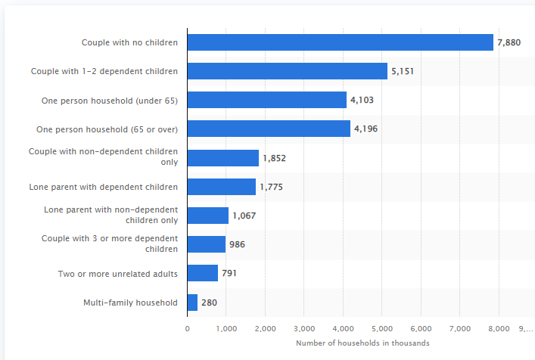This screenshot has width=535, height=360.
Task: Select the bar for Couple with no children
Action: pyautogui.click(x=340, y=42)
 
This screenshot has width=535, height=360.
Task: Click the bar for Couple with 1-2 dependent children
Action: pyautogui.click(x=287, y=71)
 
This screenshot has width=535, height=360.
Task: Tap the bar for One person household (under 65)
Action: pyautogui.click(x=266, y=100)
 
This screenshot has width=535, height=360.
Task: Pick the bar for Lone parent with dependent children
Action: pyautogui.click(x=221, y=187)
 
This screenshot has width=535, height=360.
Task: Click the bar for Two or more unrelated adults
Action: pyautogui.click(x=202, y=273)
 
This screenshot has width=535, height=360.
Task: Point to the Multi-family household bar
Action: pyautogui.click(x=192, y=303)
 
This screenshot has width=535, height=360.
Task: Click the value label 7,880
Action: pyautogui.click(x=509, y=42)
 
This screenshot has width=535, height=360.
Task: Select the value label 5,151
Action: pyautogui.click(x=402, y=71)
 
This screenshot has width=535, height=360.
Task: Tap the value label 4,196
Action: pyautogui.click(x=365, y=129)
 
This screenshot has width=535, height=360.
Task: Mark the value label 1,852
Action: pyautogui.click(x=274, y=158)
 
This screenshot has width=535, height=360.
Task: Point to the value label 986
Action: pyautogui.click(x=237, y=244)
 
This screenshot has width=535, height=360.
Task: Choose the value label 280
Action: pyautogui.click(x=209, y=303)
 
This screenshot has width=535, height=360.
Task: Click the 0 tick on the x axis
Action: pyautogui.click(x=188, y=328)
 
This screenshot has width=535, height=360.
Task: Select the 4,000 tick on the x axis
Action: pyautogui.click(x=343, y=328)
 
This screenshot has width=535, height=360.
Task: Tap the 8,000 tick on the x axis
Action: pyautogui.click(x=498, y=328)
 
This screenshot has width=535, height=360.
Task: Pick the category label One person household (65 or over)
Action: pyautogui.click(x=107, y=129)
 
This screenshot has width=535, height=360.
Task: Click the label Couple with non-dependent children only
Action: pyautogui.click(x=104, y=157)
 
